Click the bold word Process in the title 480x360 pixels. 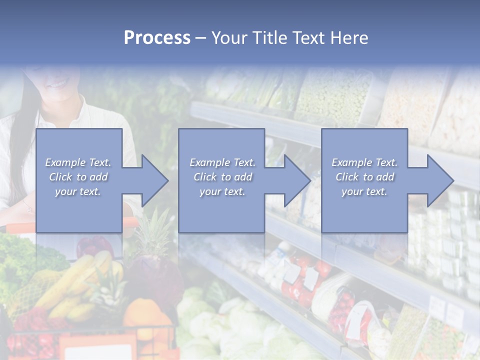157,37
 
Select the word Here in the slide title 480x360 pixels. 349,37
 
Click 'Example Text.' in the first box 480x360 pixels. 78,162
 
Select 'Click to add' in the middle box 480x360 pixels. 222,177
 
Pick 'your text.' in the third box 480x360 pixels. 364,191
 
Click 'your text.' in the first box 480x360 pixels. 78,191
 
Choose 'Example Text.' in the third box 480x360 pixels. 364,162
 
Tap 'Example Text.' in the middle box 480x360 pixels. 222,162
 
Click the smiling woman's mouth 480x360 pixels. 59,83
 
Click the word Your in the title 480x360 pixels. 231,37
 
